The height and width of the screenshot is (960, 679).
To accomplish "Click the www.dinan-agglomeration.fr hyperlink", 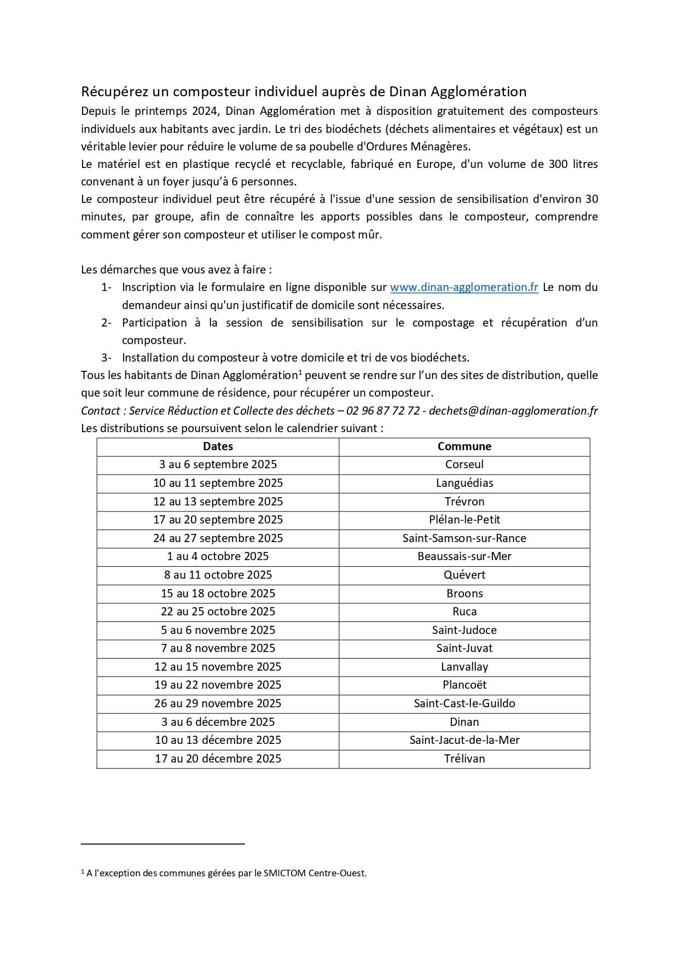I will tap(464, 287).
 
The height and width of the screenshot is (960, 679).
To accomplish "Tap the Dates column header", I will tap(218, 446).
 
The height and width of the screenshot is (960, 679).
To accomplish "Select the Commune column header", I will tap(464, 446).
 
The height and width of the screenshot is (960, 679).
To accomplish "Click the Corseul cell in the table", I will tap(464, 464).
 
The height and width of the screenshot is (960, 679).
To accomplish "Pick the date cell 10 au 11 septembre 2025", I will tap(218, 483).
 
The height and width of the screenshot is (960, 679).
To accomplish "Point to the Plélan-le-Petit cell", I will tap(464, 520).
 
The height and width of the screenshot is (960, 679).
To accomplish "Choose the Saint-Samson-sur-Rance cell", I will tap(464, 538).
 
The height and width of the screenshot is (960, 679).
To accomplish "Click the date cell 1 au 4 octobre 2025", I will tap(218, 556).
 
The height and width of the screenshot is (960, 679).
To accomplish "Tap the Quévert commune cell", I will tap(464, 575).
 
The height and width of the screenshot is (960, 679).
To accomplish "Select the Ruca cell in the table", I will tap(464, 612).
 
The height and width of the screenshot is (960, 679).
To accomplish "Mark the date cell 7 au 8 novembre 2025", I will tap(218, 648).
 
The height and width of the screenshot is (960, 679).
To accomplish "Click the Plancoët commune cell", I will tap(464, 685).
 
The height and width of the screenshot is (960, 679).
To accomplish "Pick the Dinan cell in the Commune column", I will tap(464, 722).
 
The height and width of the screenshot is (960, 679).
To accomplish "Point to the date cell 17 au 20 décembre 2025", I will tap(218, 759).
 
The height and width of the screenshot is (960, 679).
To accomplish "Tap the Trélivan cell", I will tap(464, 759).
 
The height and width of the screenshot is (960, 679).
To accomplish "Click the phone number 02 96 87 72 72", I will tap(383, 411).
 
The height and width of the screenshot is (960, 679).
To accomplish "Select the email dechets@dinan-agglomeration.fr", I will tap(513, 411).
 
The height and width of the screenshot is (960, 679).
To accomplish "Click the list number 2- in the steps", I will tap(106, 323).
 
